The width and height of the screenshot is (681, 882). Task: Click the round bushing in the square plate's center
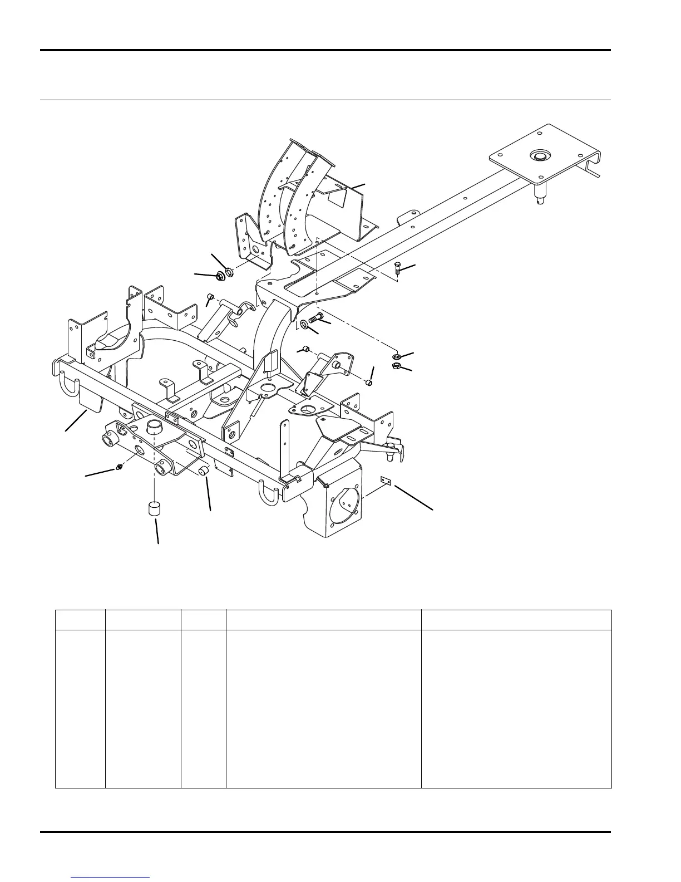click(539, 155)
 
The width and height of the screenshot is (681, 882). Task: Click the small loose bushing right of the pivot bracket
click(203, 472)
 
